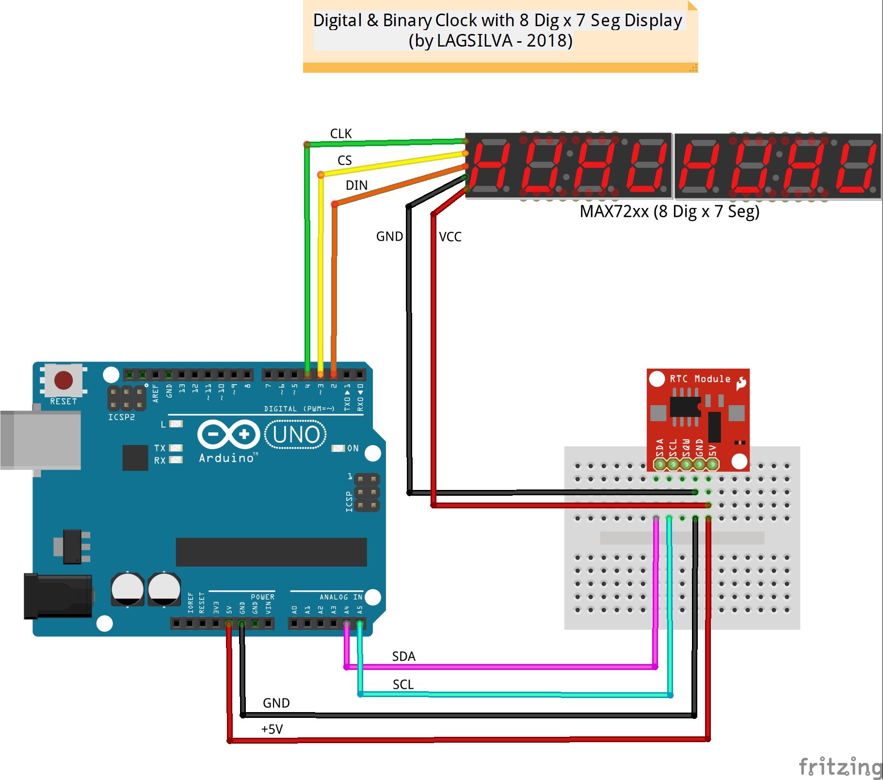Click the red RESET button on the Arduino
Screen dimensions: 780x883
[64, 380]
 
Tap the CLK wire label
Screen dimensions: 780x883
[340, 134]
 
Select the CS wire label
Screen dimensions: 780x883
[344, 161]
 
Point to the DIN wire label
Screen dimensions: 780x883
[356, 185]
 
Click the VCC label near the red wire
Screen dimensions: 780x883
[450, 237]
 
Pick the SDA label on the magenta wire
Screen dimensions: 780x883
[403, 656]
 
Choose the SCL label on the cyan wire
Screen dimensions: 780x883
[403, 684]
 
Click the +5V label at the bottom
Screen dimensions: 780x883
[272, 729]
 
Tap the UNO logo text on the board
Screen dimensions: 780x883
[296, 435]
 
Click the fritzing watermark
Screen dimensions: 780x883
[839, 767]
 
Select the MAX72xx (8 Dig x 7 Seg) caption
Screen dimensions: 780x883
[669, 211]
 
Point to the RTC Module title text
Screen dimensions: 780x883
[700, 379]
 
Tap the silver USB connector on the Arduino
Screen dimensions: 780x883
[41, 439]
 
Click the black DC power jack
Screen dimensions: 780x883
[58, 596]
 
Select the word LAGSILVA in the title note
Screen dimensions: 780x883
[474, 41]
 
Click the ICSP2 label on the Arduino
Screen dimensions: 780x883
[121, 417]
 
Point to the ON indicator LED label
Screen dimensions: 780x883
[353, 448]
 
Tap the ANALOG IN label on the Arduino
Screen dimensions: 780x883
[340, 597]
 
